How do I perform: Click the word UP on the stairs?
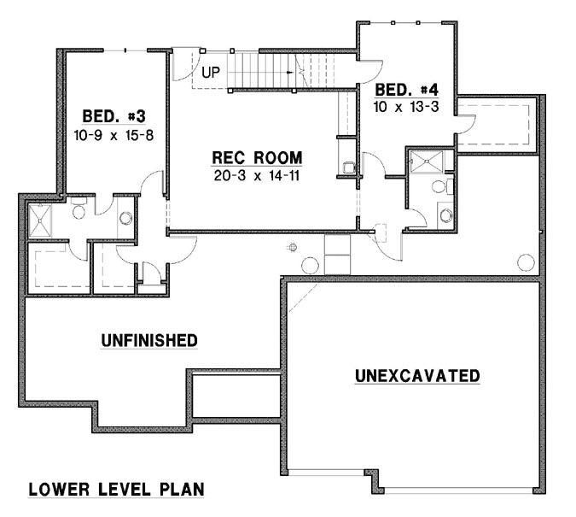[212, 72]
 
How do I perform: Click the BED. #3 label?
[118, 117]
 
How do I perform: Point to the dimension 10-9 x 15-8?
[118, 135]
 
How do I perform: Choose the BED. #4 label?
[407, 88]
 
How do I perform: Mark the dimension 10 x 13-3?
[406, 106]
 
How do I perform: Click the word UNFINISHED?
[149, 340]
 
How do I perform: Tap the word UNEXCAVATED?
[417, 375]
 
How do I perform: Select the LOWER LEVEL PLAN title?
[116, 490]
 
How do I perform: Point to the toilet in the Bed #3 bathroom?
[78, 205]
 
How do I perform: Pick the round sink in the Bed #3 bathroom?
[126, 217]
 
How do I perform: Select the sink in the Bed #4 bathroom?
[446, 214]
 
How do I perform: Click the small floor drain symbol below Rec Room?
[292, 248]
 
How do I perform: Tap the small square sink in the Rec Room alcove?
[348, 167]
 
